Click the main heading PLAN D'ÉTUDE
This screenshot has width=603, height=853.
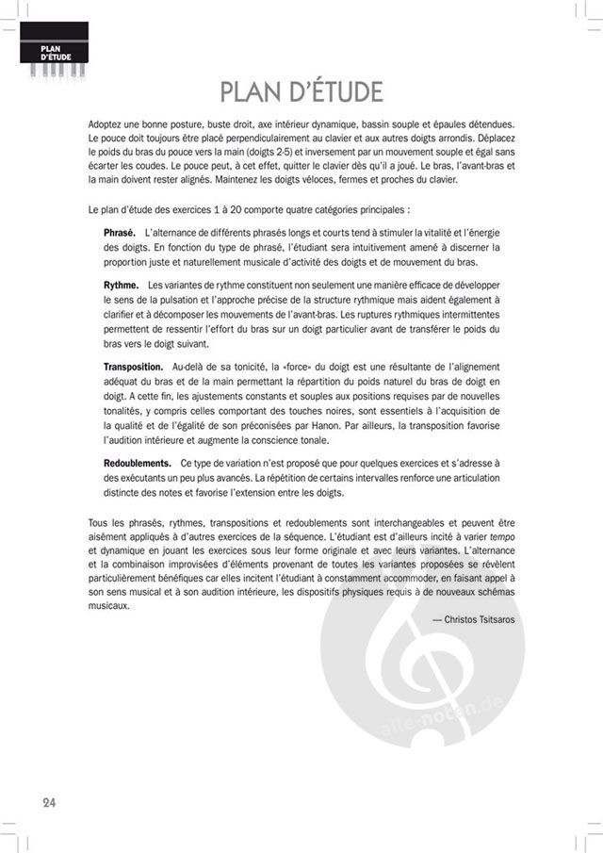(x=301, y=92)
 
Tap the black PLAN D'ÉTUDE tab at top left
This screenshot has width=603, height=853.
(x=54, y=52)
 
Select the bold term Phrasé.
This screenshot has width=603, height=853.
(x=119, y=232)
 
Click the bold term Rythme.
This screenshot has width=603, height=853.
(x=122, y=285)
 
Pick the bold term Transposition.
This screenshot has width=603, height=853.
(x=134, y=365)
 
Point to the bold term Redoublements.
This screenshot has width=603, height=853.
(x=138, y=463)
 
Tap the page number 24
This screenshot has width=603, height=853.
(x=49, y=802)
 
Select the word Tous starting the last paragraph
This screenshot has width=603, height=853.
(x=97, y=519)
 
